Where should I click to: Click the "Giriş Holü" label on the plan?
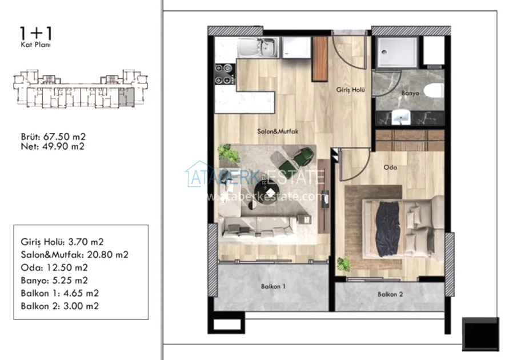tap(350, 90)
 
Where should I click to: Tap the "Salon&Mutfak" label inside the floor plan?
tap(278, 131)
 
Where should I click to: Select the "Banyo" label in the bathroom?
tap(410, 93)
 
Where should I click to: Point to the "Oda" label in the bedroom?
tap(390, 167)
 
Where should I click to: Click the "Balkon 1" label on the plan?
tap(273, 286)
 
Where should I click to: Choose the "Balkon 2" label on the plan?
tap(390, 294)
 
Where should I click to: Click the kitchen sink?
tap(258, 47)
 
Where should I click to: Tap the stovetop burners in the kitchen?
tap(224, 74)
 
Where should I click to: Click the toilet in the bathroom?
tap(434, 90)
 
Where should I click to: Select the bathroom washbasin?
tap(401, 117)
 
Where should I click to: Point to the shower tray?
tap(396, 52)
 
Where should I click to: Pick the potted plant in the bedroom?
tap(343, 264)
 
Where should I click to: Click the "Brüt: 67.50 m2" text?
tap(53, 137)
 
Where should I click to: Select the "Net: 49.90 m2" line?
tap(53, 146)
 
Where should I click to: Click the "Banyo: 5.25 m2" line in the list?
tap(54, 280)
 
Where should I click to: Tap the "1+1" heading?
tap(36, 34)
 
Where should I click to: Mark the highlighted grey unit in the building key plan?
tap(126, 97)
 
